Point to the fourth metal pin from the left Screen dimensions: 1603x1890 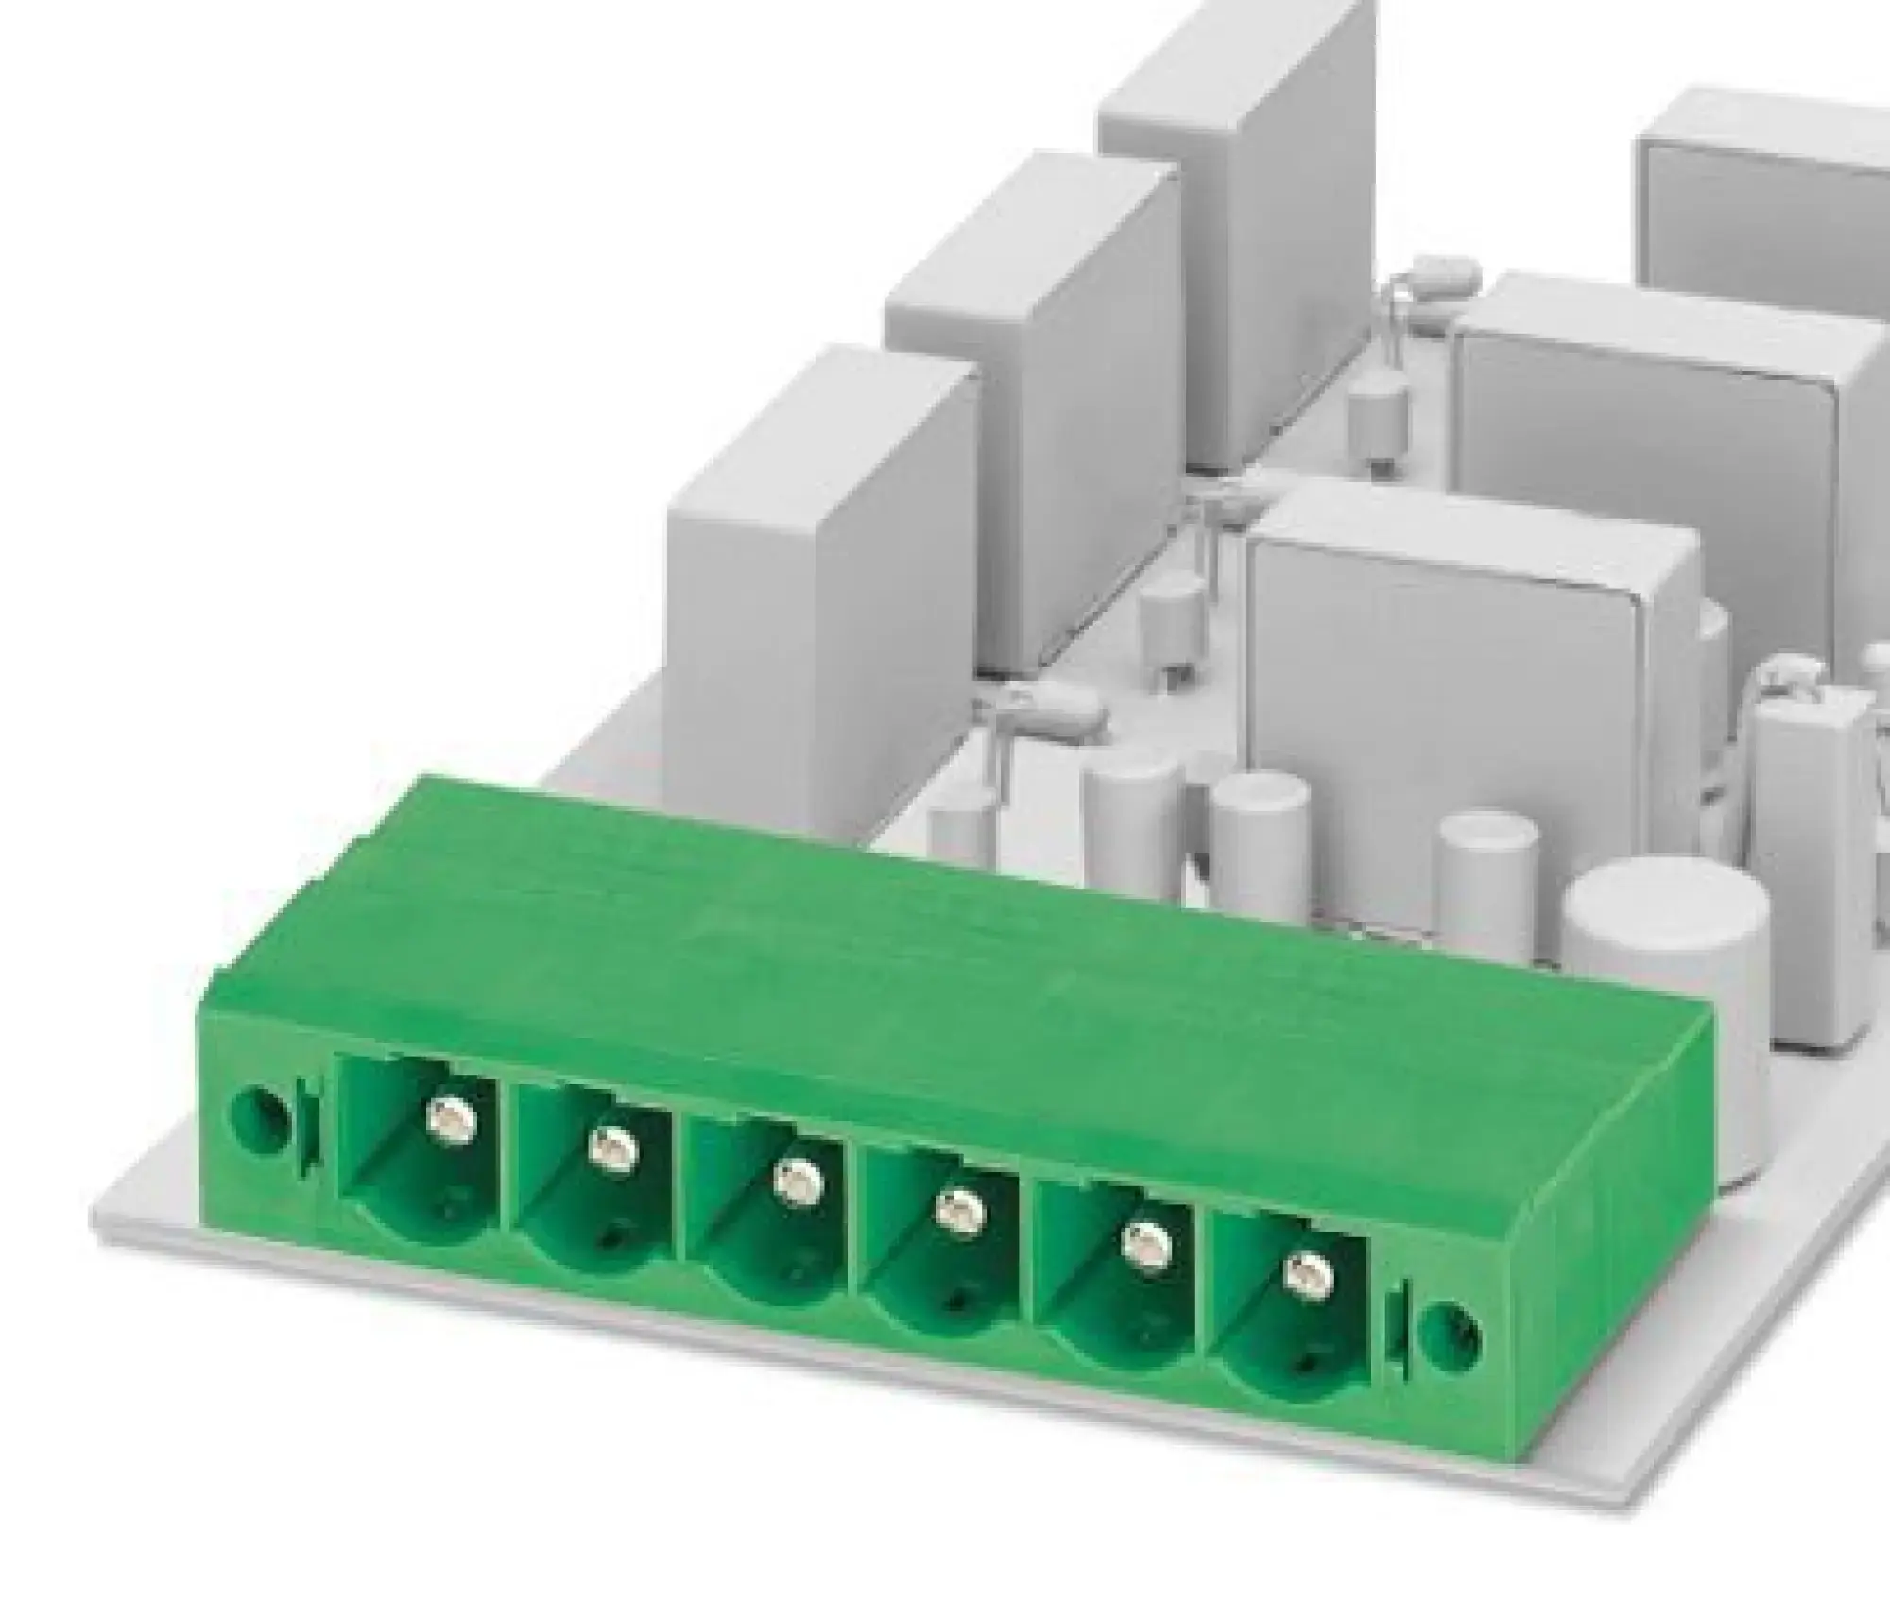(958, 1210)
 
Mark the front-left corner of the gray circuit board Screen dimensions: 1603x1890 (99, 1210)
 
